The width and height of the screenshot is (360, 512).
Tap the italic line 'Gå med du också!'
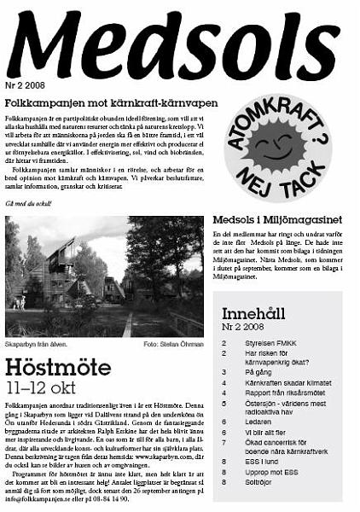point(26,204)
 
